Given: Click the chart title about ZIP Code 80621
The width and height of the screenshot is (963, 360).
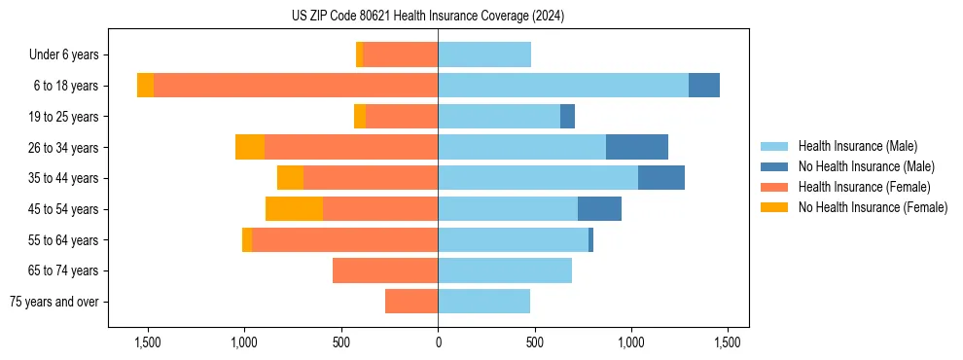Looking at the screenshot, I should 428,17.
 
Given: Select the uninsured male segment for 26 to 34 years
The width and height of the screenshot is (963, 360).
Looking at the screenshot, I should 637,147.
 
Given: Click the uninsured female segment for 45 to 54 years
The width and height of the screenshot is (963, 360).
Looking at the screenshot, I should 294,209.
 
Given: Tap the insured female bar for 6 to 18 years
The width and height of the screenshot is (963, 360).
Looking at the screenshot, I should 296,86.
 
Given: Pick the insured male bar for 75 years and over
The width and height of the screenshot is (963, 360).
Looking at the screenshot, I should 483,302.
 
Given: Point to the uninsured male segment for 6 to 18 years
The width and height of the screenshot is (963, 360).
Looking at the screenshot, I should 704,86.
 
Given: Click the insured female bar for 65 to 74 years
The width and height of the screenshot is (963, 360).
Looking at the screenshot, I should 385,270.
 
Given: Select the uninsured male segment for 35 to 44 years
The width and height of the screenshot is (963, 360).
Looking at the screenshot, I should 661,178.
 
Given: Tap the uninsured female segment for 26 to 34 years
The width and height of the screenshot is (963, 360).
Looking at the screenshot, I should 250,147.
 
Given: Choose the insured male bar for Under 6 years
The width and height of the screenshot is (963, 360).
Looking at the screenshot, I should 484,54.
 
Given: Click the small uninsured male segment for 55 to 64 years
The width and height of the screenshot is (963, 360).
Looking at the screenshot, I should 590,239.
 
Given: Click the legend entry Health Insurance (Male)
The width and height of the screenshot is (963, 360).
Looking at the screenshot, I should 857,146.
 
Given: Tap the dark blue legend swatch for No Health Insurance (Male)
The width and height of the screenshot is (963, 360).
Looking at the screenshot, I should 774,166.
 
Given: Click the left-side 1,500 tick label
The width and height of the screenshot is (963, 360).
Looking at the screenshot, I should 147,342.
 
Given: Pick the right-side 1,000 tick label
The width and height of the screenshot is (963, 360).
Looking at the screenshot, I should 631,342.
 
